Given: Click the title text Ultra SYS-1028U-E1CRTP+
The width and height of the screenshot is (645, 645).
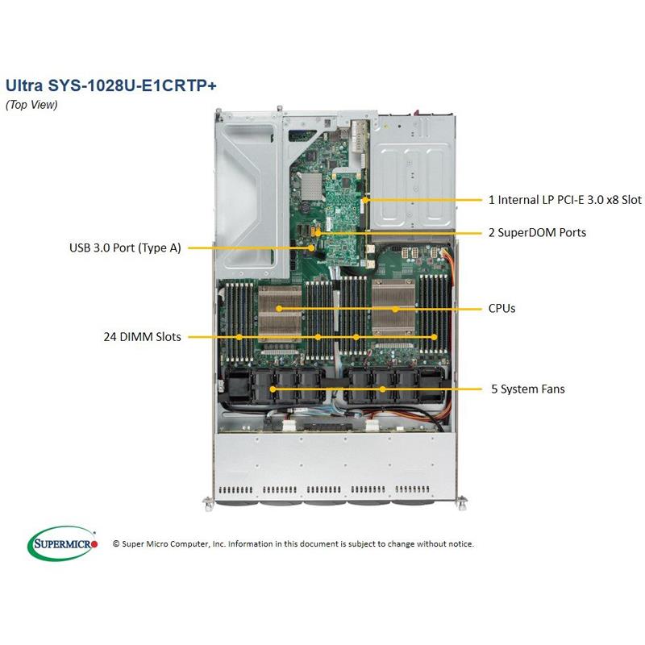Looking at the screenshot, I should [110, 85].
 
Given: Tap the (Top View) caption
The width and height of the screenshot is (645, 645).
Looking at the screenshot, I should [31, 104].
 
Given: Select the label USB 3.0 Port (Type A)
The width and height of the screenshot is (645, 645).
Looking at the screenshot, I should [125, 248].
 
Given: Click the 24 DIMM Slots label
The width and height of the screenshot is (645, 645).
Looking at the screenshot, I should [141, 336].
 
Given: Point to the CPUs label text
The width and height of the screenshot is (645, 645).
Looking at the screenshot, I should [501, 308].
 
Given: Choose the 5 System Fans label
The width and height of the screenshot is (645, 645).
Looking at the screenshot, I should [527, 389].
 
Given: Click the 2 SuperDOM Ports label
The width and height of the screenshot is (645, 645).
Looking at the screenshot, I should [537, 232].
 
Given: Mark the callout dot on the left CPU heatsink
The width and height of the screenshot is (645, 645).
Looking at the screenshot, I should [279, 308].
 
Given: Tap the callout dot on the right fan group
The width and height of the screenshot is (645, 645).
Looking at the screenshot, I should [382, 389].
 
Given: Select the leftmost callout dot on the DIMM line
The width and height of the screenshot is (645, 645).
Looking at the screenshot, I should [239, 336].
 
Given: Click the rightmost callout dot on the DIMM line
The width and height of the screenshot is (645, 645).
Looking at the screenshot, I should [434, 336].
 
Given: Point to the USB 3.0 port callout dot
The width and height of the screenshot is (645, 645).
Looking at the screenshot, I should [313, 248].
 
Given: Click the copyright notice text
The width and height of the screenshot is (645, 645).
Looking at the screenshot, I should [293, 543].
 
